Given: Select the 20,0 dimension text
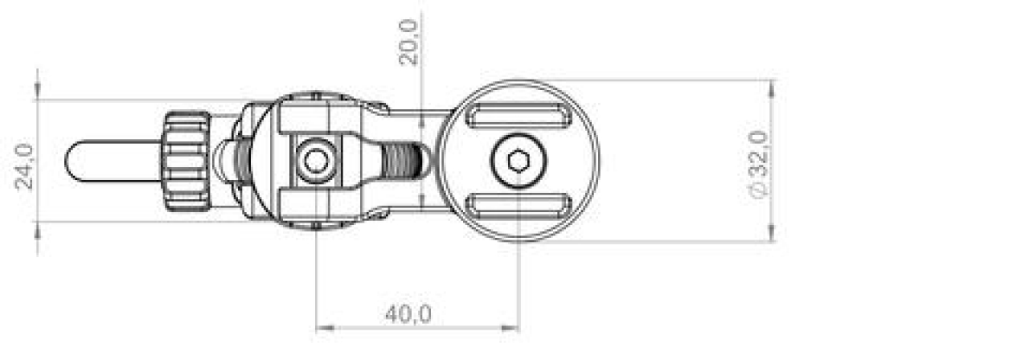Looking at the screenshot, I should pos(409,43).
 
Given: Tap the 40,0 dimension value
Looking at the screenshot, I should pos(408,314).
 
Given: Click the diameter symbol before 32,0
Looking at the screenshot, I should pos(758,190).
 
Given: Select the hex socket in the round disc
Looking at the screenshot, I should pos(517,161).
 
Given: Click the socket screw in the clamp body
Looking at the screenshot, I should pos(314,162).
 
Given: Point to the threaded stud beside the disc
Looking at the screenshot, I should pos(402,161).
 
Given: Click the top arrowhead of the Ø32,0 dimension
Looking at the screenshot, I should pos(772,86).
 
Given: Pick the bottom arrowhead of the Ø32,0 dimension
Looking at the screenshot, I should pos(772,235).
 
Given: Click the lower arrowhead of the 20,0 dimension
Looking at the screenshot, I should pos(423,205).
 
